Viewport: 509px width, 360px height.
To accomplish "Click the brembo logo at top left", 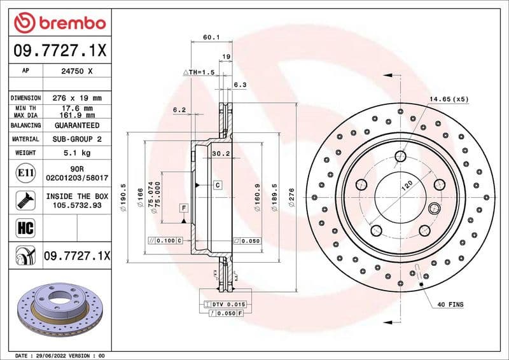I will click(59, 23).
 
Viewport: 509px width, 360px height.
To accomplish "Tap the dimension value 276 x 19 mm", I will click(77, 99).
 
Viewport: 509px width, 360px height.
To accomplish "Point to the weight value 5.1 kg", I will click(77, 153).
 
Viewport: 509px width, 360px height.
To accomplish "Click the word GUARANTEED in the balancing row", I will click(77, 125).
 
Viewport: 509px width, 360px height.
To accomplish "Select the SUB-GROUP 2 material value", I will click(77, 139).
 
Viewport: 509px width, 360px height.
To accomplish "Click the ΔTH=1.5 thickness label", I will click(199, 73).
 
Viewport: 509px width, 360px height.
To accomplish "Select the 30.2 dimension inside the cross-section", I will click(220, 153).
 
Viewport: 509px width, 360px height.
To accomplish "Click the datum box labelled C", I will click(218, 184).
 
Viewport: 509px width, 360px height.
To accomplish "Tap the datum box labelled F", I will click(183, 208).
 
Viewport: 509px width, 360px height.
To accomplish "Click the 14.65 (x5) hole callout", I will click(447, 100).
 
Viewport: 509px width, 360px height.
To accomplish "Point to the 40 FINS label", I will click(450, 305).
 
